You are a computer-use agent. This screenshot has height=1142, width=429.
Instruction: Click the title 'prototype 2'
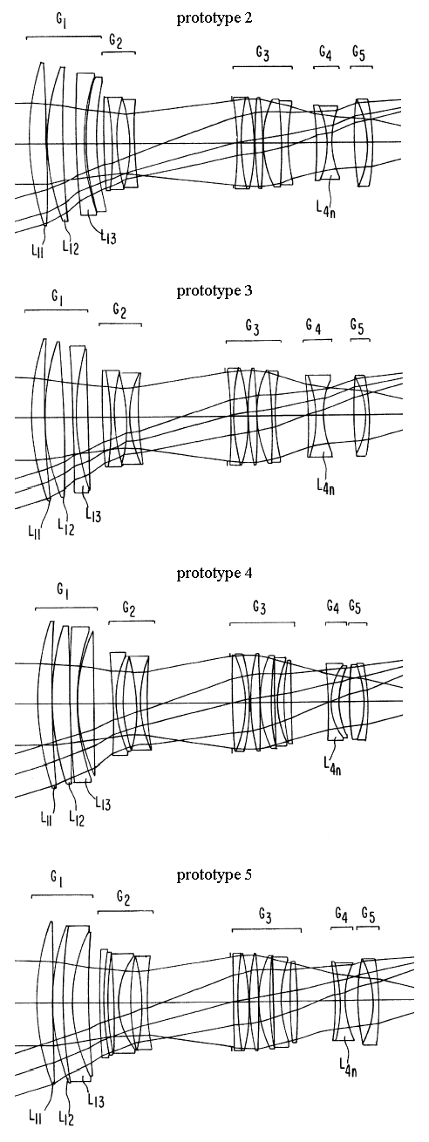pyautogui.click(x=214, y=18)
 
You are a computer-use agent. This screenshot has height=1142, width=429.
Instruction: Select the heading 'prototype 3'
pyautogui.click(x=214, y=291)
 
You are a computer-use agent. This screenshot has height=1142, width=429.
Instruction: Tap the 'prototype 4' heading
pyautogui.click(x=214, y=574)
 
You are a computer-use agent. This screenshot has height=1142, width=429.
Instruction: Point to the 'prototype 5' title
pyautogui.click(x=214, y=875)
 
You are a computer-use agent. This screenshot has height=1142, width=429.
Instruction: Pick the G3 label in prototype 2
pyautogui.click(x=262, y=53)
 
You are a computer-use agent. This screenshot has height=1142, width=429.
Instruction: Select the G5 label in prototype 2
pyautogui.click(x=359, y=53)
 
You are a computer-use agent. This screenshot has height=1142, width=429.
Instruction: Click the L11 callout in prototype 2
pyautogui.click(x=37, y=251)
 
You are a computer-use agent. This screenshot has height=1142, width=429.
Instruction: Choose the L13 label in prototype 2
pyautogui.click(x=108, y=237)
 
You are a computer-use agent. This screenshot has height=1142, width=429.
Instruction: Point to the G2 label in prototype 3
pyautogui.click(x=119, y=310)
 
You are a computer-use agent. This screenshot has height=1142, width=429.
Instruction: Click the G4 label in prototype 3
pyautogui.click(x=314, y=326)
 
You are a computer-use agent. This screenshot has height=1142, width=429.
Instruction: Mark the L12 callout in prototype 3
pyautogui.click(x=65, y=527)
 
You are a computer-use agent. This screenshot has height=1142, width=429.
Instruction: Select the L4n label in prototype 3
pyautogui.click(x=325, y=487)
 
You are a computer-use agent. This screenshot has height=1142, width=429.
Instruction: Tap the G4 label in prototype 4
pyautogui.click(x=333, y=607)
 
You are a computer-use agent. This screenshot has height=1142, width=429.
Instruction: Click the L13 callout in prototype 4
pyautogui.click(x=103, y=804)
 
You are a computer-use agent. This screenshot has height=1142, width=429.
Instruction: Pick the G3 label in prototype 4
pyautogui.click(x=260, y=608)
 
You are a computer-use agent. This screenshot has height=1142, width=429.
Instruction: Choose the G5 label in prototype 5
pyautogui.click(x=368, y=915)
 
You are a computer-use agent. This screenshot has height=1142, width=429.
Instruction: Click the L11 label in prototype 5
pyautogui.click(x=35, y=1118)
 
